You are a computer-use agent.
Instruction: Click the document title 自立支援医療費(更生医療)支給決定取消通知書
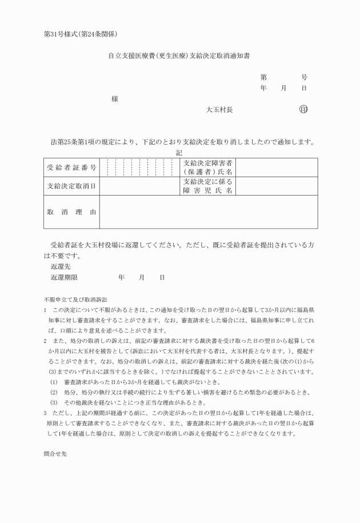click(180, 57)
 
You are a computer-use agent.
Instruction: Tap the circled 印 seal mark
click(303, 109)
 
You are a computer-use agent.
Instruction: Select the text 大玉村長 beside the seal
click(219, 109)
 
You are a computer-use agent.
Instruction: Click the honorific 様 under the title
click(115, 99)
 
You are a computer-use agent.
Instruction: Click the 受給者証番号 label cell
click(71, 167)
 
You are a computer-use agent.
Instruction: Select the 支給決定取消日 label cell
click(71, 186)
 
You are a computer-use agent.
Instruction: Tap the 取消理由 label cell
click(71, 212)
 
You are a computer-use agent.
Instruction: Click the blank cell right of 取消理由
click(209, 212)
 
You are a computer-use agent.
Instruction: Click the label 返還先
click(61, 266)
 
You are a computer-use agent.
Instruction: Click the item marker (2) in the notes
click(54, 392)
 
